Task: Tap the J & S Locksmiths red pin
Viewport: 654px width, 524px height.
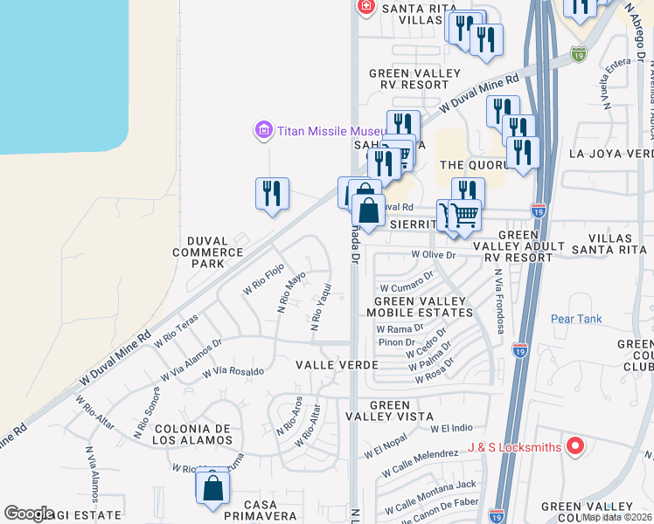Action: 574,447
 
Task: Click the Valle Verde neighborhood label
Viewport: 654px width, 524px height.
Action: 337,364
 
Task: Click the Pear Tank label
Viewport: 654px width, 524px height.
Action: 576,319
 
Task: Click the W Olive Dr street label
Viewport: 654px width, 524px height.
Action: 434,254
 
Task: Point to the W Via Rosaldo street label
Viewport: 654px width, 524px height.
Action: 233,372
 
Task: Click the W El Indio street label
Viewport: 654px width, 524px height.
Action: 451,428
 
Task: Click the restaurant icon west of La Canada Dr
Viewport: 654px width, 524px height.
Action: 272,193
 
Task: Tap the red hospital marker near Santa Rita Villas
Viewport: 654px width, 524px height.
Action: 365,8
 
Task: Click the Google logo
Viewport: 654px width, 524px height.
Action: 29,514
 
